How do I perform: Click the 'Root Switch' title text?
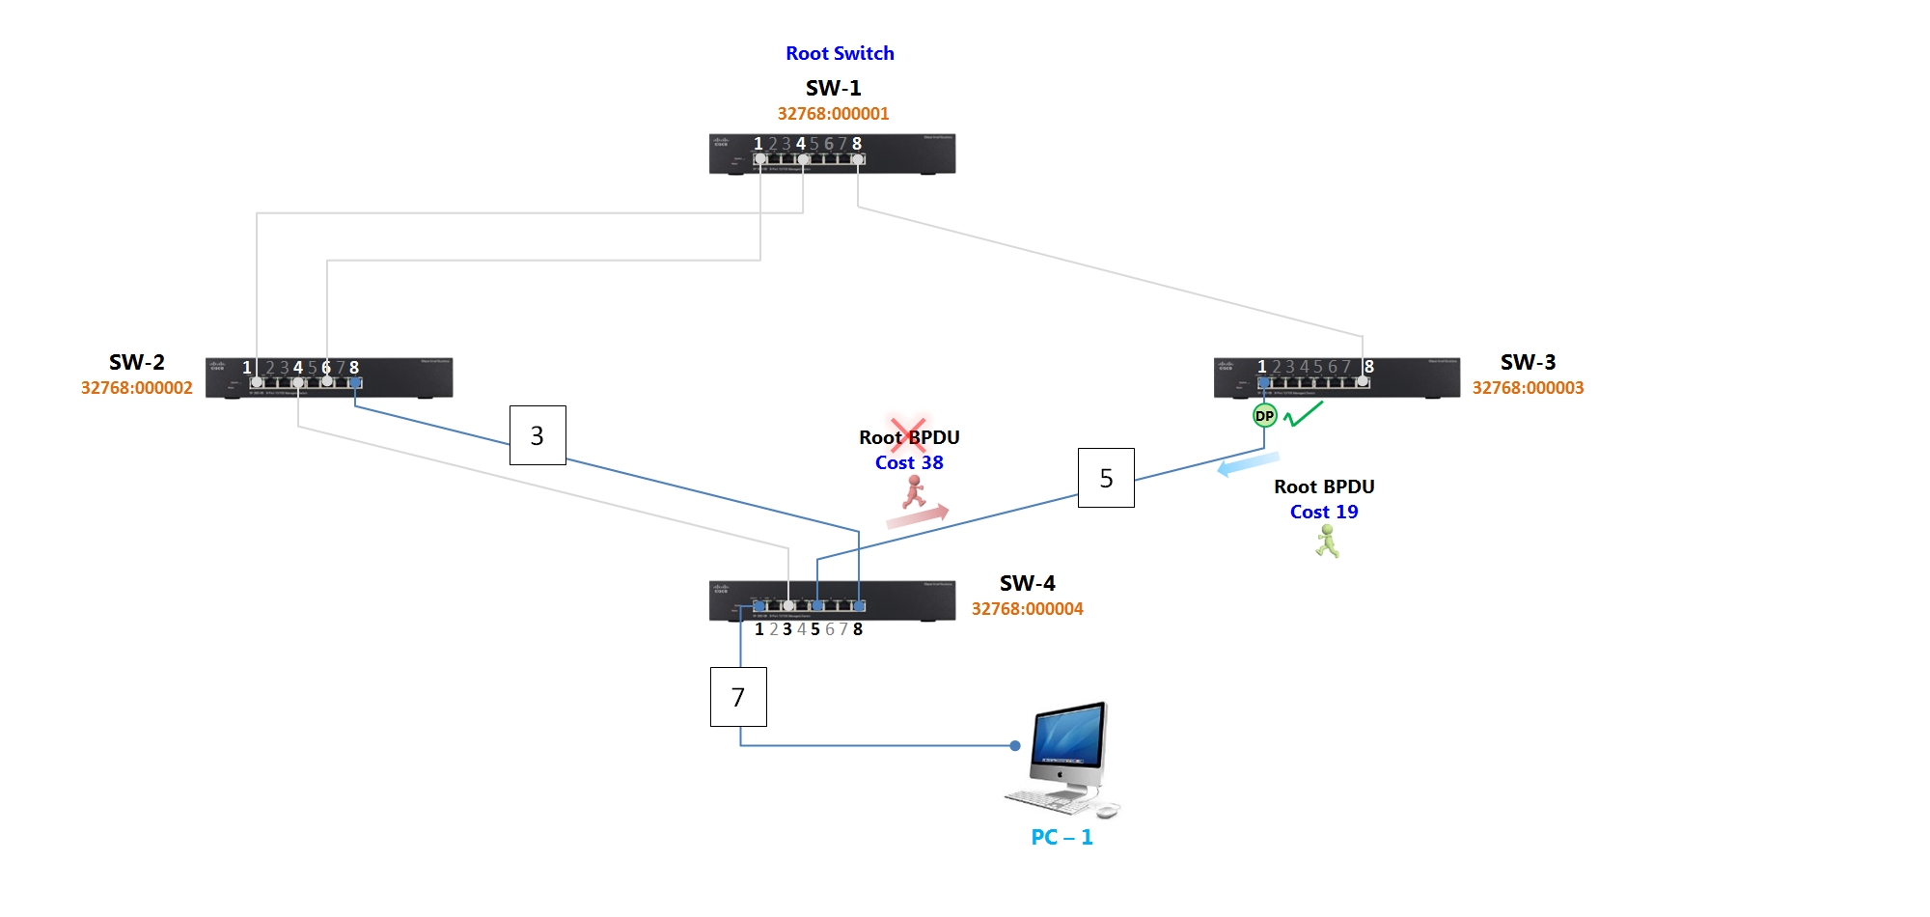(840, 53)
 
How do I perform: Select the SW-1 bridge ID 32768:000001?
(833, 114)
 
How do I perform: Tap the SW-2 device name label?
(136, 362)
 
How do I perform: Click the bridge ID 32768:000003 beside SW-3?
(1528, 388)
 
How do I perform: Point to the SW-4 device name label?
(1027, 583)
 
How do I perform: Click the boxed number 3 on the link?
(538, 435)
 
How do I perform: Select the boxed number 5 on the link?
(1106, 478)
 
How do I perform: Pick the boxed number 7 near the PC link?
(738, 697)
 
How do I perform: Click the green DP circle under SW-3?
(1264, 416)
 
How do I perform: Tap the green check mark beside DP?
(1303, 414)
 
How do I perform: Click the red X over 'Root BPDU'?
(908, 434)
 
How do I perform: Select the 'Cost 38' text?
(909, 462)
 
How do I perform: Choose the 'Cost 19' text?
(1324, 512)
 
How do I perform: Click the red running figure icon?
(914, 491)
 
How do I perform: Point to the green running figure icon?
(1328, 541)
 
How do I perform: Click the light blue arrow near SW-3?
(1248, 464)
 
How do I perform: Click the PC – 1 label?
(1061, 837)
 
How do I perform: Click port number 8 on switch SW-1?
(857, 144)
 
